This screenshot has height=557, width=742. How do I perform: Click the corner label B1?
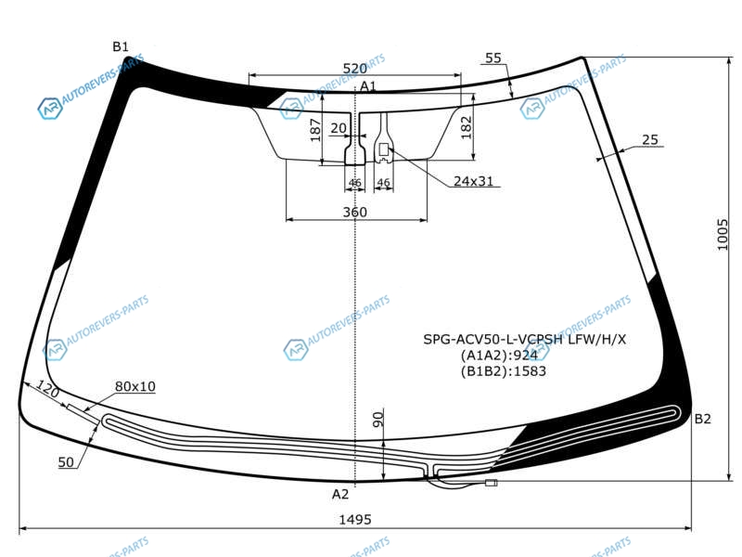(121, 46)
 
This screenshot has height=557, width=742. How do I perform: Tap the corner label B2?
(702, 419)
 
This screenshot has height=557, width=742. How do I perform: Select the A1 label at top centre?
(367, 85)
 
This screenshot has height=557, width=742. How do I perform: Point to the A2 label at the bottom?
(339, 494)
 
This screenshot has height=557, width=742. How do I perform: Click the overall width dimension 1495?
(355, 520)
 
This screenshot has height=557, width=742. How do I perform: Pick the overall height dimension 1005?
(723, 234)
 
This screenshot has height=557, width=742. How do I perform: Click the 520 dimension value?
(354, 69)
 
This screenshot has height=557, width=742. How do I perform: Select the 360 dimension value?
(354, 212)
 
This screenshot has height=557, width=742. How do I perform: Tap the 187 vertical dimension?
(315, 130)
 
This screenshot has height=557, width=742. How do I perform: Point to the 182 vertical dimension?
(467, 127)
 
